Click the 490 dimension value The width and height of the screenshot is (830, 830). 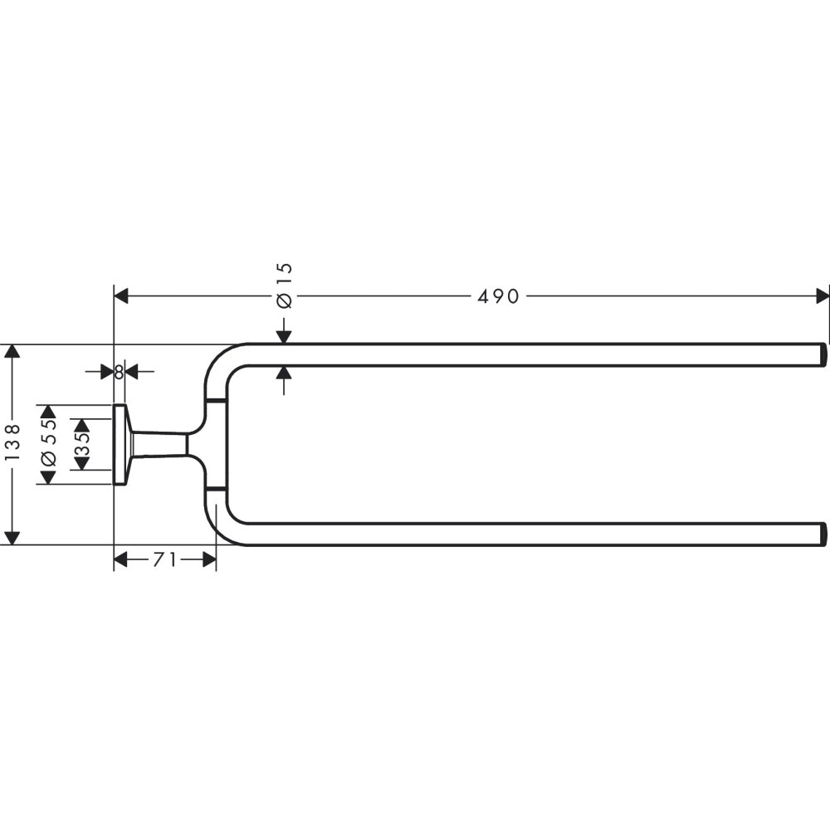coord(498,296)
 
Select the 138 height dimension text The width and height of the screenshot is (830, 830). coord(12,444)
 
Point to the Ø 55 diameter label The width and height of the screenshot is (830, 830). coord(48,444)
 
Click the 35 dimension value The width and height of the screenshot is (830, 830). coord(81,444)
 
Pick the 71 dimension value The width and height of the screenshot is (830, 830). coord(164,560)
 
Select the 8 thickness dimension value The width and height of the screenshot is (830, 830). coord(119,372)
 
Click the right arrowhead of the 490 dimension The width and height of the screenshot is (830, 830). coord(823,296)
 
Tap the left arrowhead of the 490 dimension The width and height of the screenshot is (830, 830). coord(121,296)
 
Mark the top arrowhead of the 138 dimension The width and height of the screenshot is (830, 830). coord(12,352)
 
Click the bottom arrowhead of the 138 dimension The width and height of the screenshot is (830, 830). coord(12,538)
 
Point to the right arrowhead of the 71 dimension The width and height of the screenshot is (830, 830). coord(209,560)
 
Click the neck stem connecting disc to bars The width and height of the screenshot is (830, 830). coord(158,444)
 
